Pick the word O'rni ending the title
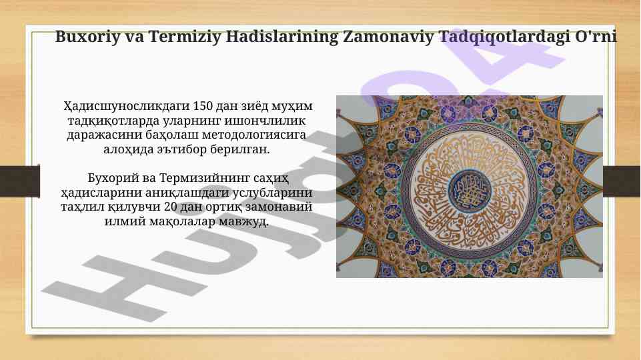coord(596,37)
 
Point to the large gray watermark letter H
coord(87,280)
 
